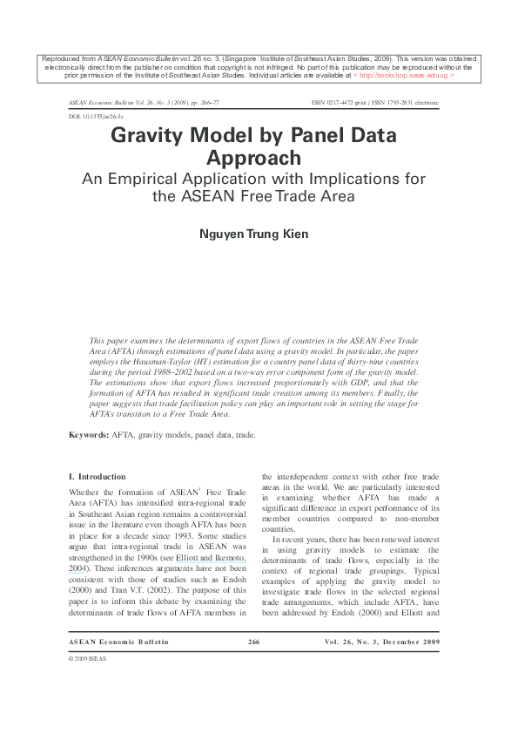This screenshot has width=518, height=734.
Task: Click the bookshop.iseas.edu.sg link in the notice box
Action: [406, 76]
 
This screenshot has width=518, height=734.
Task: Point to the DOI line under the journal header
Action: [96, 115]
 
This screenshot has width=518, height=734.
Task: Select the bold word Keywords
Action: [89, 434]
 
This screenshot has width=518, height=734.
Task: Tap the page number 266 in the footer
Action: [254, 642]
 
